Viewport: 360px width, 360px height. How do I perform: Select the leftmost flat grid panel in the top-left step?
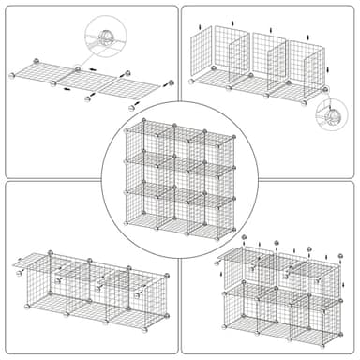point(42,73)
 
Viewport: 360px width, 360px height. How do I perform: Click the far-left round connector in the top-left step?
point(12,75)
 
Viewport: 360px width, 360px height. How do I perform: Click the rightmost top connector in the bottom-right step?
point(330,252)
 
